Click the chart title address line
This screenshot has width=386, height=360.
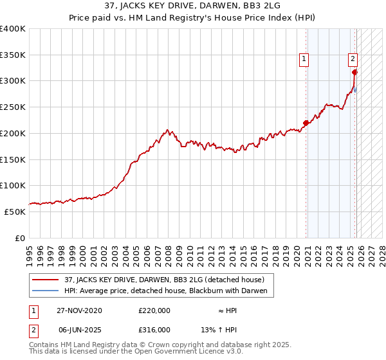click(x=193, y=6)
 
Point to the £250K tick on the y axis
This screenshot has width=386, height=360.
click(x=13, y=107)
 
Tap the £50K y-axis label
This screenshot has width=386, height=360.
click(x=15, y=212)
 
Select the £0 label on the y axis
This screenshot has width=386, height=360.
click(x=21, y=238)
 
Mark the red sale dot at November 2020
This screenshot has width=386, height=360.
click(x=306, y=123)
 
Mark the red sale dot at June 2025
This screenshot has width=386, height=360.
click(x=354, y=72)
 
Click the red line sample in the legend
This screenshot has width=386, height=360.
click(x=45, y=280)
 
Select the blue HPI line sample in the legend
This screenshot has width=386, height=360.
click(x=45, y=291)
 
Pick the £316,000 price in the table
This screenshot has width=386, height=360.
click(x=154, y=329)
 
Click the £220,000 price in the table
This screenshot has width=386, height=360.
click(x=154, y=310)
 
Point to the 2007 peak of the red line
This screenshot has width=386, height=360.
click(x=167, y=130)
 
